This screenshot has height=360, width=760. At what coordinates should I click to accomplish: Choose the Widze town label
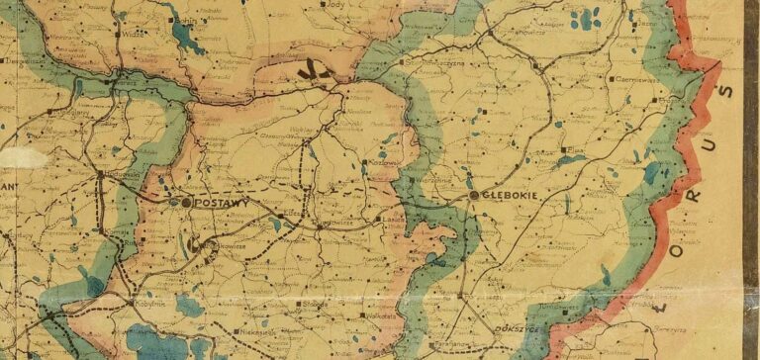pyautogui.click(x=134, y=32)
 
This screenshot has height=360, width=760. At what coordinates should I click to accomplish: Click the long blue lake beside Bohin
pyautogui.click(x=184, y=36)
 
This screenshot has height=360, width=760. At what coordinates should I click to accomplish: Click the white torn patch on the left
pyautogui.click(x=22, y=156)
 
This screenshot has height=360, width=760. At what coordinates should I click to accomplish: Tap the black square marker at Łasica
pyautogui.click(x=379, y=220)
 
